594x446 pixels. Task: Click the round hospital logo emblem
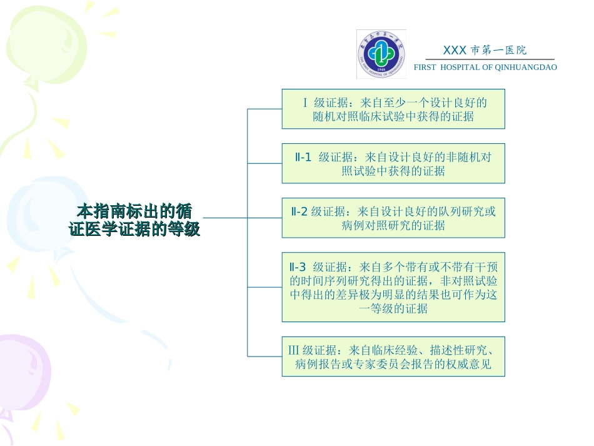coord(381,54)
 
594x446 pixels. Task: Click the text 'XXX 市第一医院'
coord(485,51)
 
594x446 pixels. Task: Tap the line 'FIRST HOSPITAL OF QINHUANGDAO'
coord(485,67)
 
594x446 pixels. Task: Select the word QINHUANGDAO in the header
coord(526,67)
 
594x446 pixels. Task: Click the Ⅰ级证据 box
coord(393,109)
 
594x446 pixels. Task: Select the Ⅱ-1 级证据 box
coord(393,163)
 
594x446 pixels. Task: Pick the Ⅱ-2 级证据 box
coord(393,218)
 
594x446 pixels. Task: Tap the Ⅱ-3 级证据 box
coord(393,287)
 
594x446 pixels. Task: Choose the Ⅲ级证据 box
coord(393,357)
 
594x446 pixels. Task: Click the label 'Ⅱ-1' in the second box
coord(303,157)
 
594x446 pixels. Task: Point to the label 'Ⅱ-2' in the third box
coord(300,211)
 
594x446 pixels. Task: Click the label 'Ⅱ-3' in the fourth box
coord(301,267)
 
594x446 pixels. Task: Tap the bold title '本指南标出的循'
coord(134,210)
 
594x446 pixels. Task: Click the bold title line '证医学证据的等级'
coord(134,230)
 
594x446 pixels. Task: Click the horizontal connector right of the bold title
coord(225,218)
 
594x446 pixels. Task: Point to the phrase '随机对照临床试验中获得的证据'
coord(393,116)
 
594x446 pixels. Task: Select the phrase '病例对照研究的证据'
coord(393,225)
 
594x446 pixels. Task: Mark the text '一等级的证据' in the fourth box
coord(393,308)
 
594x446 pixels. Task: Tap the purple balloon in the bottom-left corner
coord(19,375)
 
